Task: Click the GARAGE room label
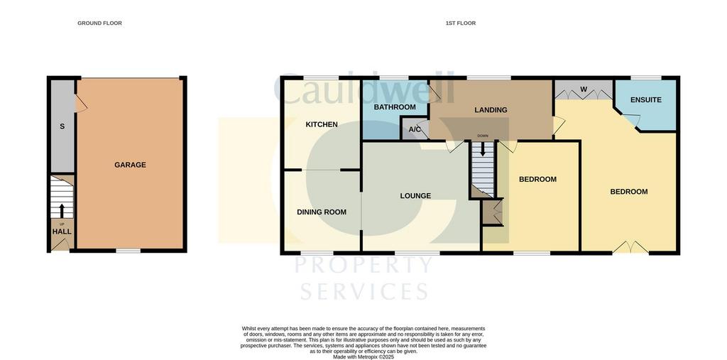point(131,165)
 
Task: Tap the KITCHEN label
point(322,124)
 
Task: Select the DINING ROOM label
point(322,212)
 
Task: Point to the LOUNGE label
point(415,196)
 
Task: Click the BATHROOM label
point(395,107)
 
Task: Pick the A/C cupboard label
point(414,129)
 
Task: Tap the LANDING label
point(491,110)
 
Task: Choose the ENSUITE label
point(646,99)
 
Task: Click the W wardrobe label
point(584,88)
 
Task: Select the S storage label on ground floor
point(62,126)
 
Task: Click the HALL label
point(62,231)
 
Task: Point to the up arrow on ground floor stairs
point(62,211)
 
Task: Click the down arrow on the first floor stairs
point(483,149)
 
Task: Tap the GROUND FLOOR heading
point(99,23)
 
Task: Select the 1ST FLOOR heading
point(460,23)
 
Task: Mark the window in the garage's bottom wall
point(128,251)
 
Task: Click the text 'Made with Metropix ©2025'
point(363,357)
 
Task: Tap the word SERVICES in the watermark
point(364,292)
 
